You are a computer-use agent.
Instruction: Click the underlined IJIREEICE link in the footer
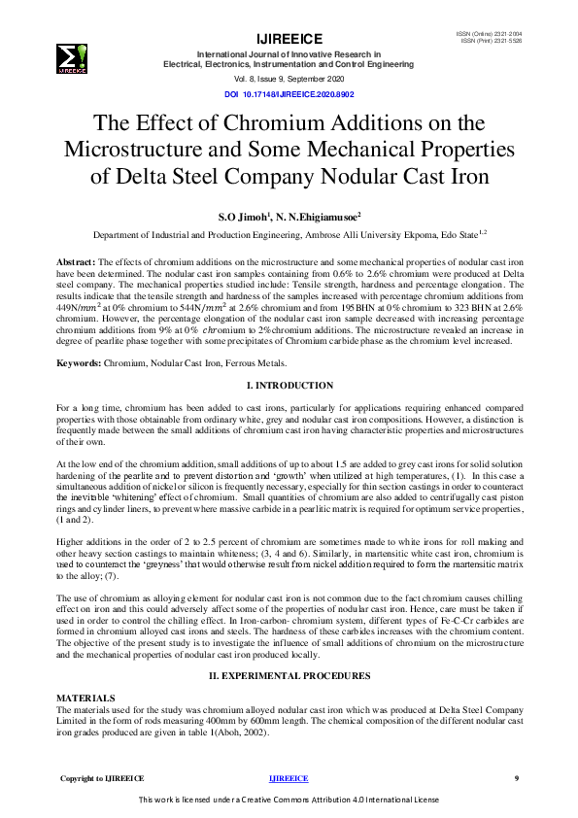[288, 778]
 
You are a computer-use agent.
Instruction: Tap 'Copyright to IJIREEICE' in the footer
[102, 778]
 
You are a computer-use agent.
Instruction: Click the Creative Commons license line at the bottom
[289, 800]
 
